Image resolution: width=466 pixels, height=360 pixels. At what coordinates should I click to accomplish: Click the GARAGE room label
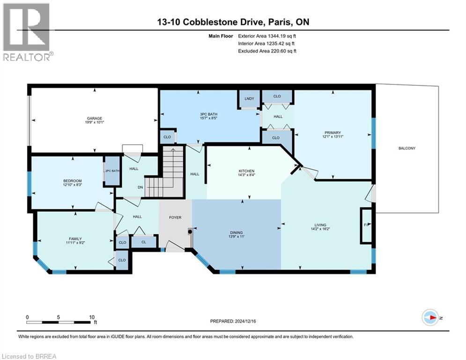tap(94, 118)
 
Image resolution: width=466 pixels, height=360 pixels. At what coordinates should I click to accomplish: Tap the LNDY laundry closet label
tap(249, 98)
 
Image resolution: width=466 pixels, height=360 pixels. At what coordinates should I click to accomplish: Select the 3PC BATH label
tap(209, 114)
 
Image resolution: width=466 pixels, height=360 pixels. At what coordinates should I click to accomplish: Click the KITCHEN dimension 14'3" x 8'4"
tap(246, 175)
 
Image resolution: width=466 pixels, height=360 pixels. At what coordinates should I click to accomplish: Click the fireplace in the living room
tap(365, 225)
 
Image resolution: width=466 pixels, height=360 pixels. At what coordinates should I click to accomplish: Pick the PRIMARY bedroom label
tap(333, 133)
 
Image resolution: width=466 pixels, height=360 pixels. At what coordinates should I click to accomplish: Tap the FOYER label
tap(175, 217)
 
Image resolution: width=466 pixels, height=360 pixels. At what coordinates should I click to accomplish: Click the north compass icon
tap(429, 318)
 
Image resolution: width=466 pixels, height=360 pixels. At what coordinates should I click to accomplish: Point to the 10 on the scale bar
tap(91, 317)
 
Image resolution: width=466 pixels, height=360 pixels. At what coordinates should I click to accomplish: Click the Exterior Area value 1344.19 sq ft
tap(279, 36)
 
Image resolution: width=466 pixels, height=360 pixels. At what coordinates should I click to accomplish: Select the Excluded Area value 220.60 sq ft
tap(279, 51)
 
